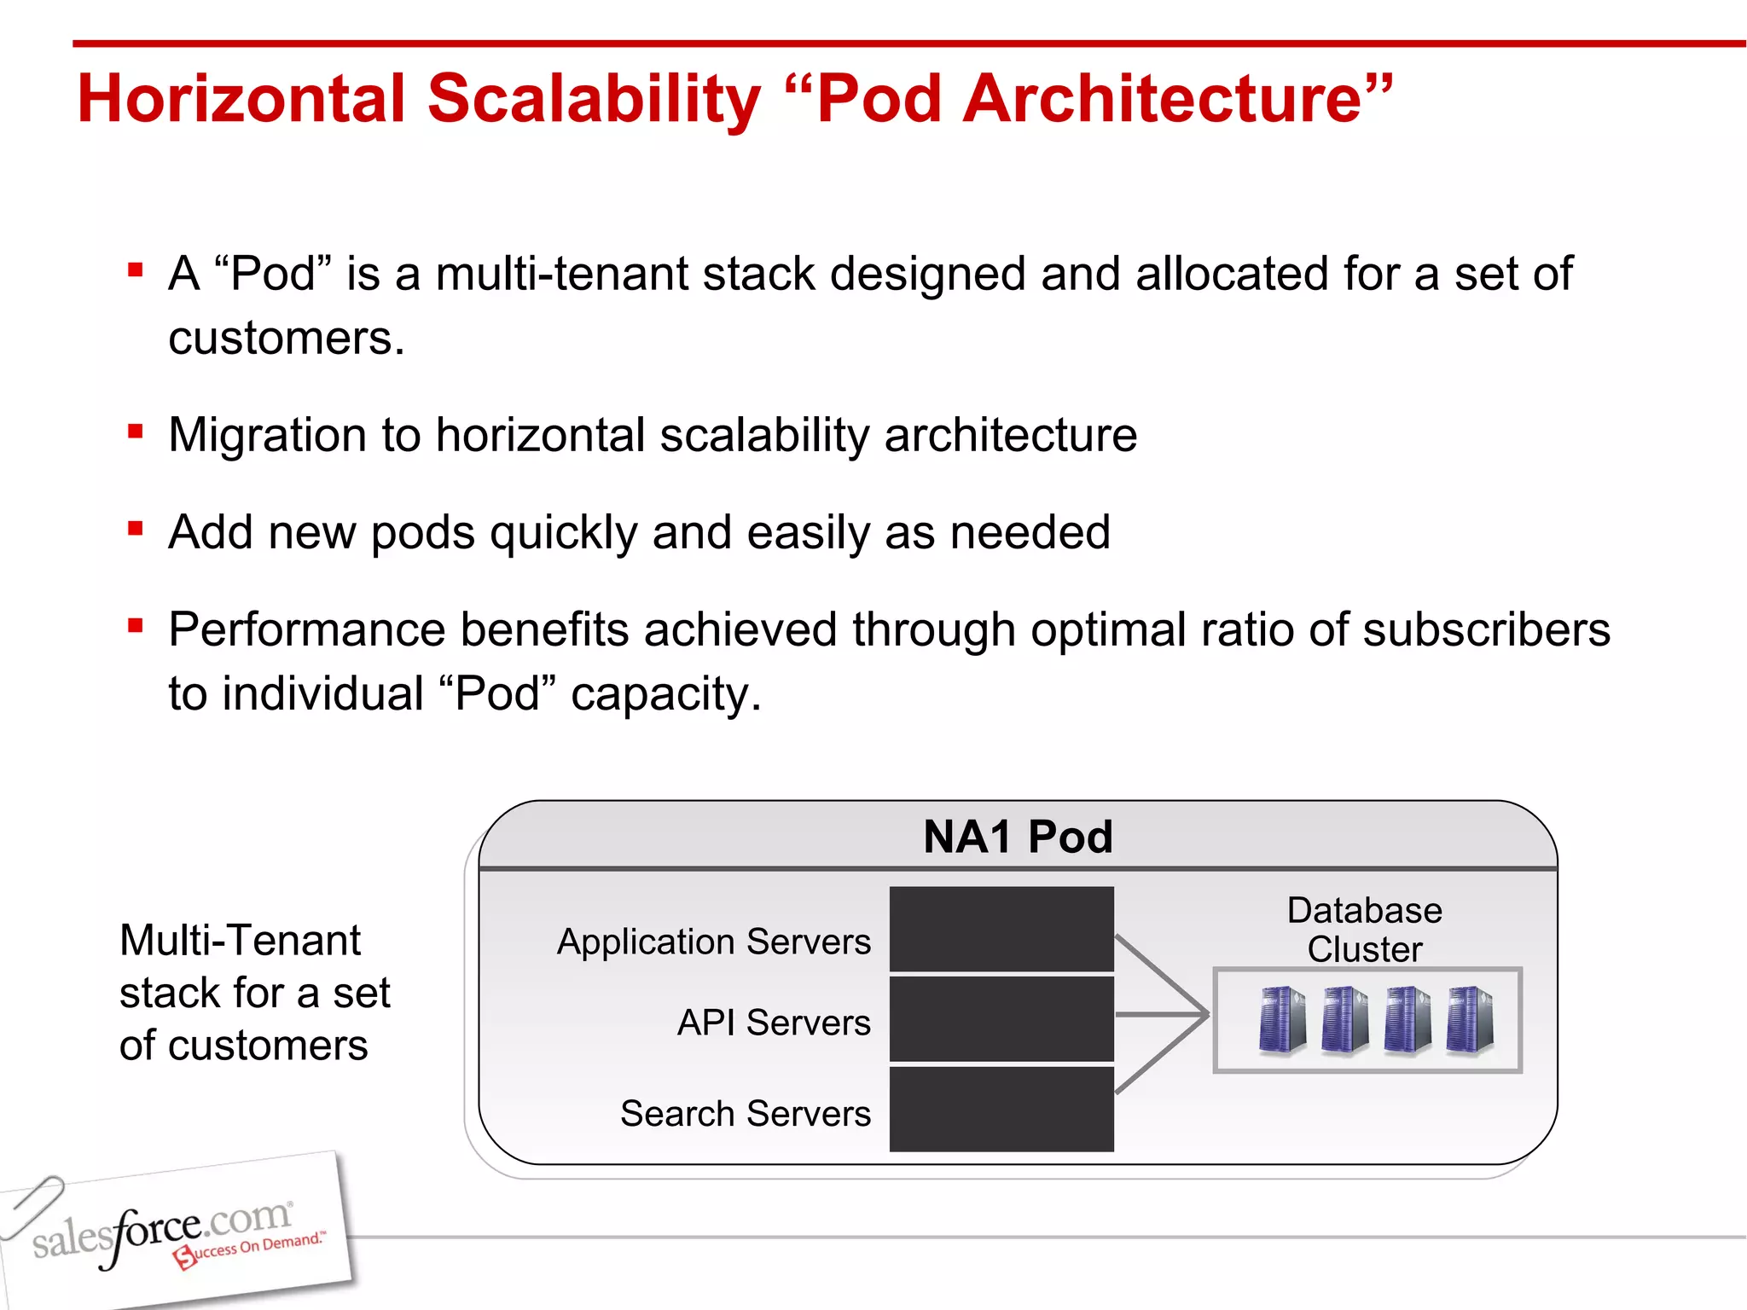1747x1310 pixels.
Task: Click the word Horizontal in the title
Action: pos(241,99)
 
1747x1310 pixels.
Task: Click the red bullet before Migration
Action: pos(135,432)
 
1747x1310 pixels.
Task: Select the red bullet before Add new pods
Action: pos(135,529)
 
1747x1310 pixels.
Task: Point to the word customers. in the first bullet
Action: pos(286,339)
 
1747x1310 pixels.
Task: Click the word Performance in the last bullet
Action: pos(306,630)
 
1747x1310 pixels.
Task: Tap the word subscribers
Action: pos(1486,630)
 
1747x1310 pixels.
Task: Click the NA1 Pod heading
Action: pos(1018,837)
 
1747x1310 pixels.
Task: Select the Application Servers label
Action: pos(714,942)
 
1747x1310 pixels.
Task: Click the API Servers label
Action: pos(774,1023)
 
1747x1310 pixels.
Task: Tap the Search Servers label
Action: pos(746,1114)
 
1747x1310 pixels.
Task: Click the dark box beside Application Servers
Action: pos(1001,929)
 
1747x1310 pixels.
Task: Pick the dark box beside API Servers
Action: pos(1001,1019)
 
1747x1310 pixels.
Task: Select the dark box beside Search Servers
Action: pos(1001,1110)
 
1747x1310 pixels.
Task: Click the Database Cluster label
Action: pos(1364,930)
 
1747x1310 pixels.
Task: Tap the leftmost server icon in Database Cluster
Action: pos(1282,1019)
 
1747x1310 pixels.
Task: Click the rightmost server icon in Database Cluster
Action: pos(1470,1019)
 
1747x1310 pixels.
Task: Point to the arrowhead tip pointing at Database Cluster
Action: pos(1206,1015)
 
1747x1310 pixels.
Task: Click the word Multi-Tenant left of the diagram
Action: pos(240,942)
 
